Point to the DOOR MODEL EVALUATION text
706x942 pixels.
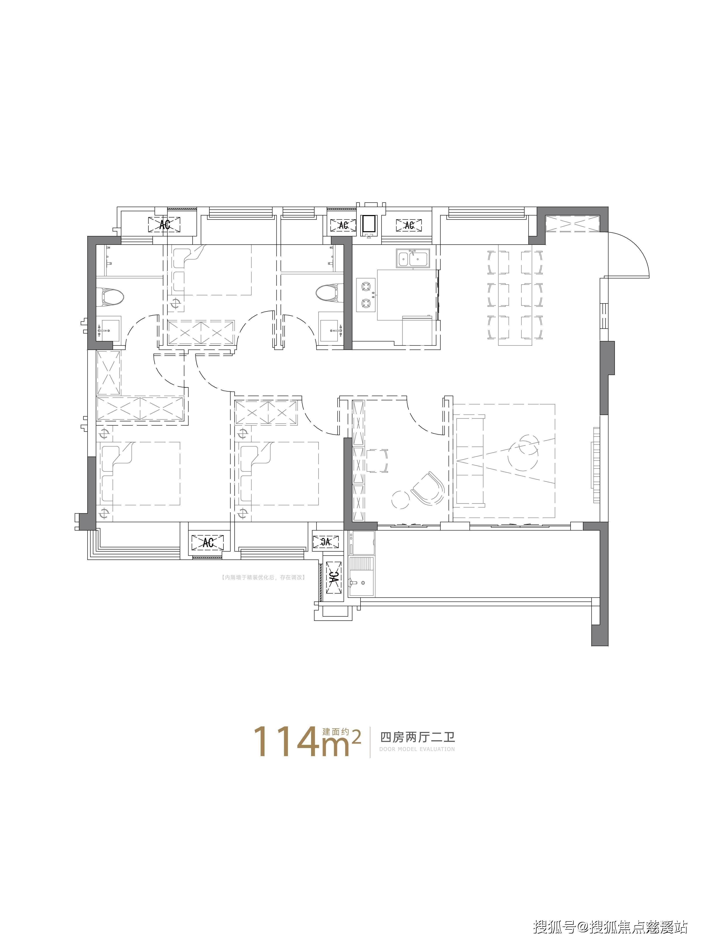[x=417, y=749]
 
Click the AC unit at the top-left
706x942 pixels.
[x=164, y=224]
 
